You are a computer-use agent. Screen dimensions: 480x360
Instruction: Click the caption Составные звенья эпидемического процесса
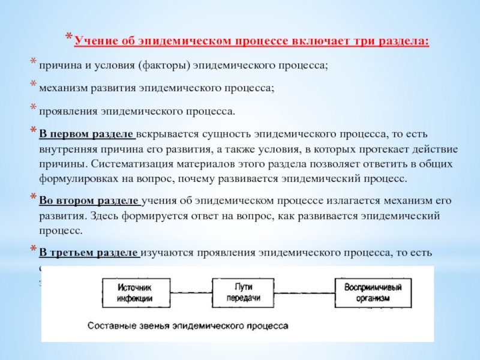[x=187, y=326]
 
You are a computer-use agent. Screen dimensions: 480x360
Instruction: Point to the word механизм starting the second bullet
[x=63, y=88]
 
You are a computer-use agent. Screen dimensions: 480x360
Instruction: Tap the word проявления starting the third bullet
[x=67, y=110]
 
